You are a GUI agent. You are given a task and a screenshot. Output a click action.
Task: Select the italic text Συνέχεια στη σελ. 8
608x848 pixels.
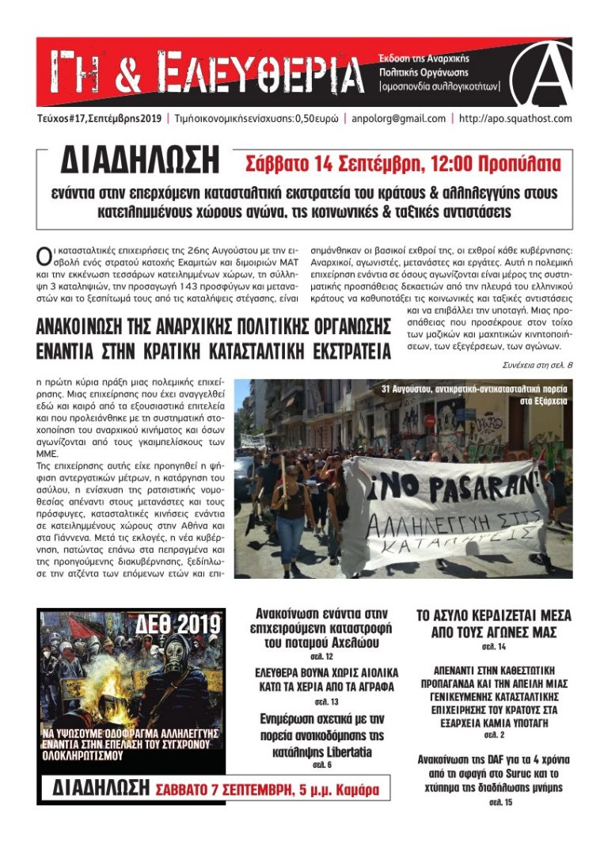(537, 365)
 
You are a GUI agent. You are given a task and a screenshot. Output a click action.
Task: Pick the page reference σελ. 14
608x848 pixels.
(494, 647)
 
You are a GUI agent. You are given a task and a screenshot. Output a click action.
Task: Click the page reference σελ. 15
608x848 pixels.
(494, 801)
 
